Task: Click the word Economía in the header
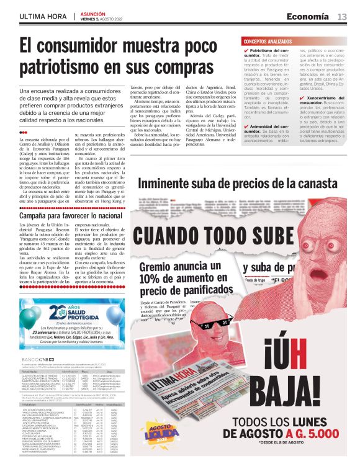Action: pos(308,17)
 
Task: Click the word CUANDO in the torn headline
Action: pos(170,237)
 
